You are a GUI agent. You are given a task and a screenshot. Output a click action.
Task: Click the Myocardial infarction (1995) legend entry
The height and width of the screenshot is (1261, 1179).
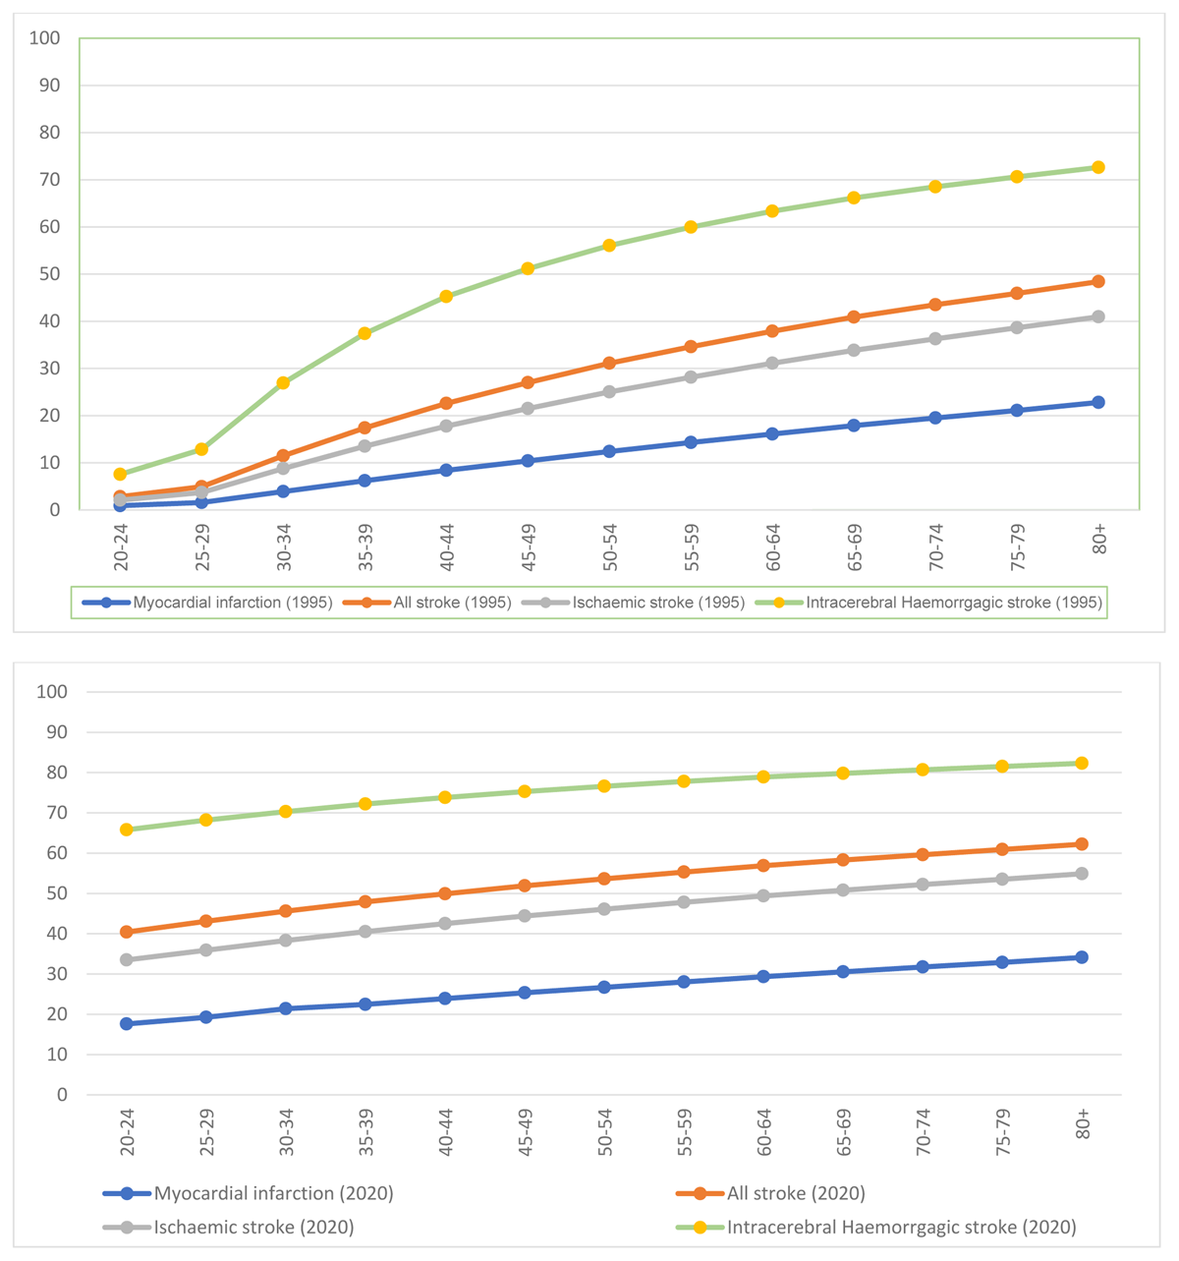(x=206, y=602)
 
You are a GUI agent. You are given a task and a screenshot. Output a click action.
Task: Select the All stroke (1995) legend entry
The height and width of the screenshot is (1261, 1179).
(x=426, y=602)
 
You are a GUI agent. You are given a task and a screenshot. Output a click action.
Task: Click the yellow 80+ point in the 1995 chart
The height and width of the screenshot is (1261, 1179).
(x=1098, y=167)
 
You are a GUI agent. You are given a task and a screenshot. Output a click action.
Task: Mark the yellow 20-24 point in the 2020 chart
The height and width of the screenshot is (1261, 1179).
(x=127, y=830)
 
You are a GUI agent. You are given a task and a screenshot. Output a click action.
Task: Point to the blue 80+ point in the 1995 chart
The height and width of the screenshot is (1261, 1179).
(x=1098, y=402)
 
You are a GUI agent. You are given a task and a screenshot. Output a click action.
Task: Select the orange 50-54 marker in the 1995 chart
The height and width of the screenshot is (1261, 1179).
(x=609, y=364)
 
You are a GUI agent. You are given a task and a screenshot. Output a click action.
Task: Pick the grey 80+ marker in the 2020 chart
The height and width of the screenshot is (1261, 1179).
(x=1082, y=874)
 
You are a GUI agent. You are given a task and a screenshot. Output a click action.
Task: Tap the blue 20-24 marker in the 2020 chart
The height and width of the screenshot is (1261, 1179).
(x=127, y=1023)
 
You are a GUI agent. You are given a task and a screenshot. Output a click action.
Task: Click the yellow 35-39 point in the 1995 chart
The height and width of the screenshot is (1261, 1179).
(x=365, y=333)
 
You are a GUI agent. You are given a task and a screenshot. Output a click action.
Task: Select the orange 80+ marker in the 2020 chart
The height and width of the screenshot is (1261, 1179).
(x=1082, y=844)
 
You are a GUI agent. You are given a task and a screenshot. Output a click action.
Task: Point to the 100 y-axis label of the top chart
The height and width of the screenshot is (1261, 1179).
(x=46, y=38)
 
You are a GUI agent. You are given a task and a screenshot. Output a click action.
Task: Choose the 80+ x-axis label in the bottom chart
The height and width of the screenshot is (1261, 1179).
(x=1083, y=1124)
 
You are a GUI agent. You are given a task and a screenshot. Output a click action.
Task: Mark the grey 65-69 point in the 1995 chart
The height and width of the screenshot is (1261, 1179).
(x=854, y=350)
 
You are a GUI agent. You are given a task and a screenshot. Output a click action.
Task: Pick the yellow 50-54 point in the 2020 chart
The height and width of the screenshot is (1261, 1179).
(x=604, y=786)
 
